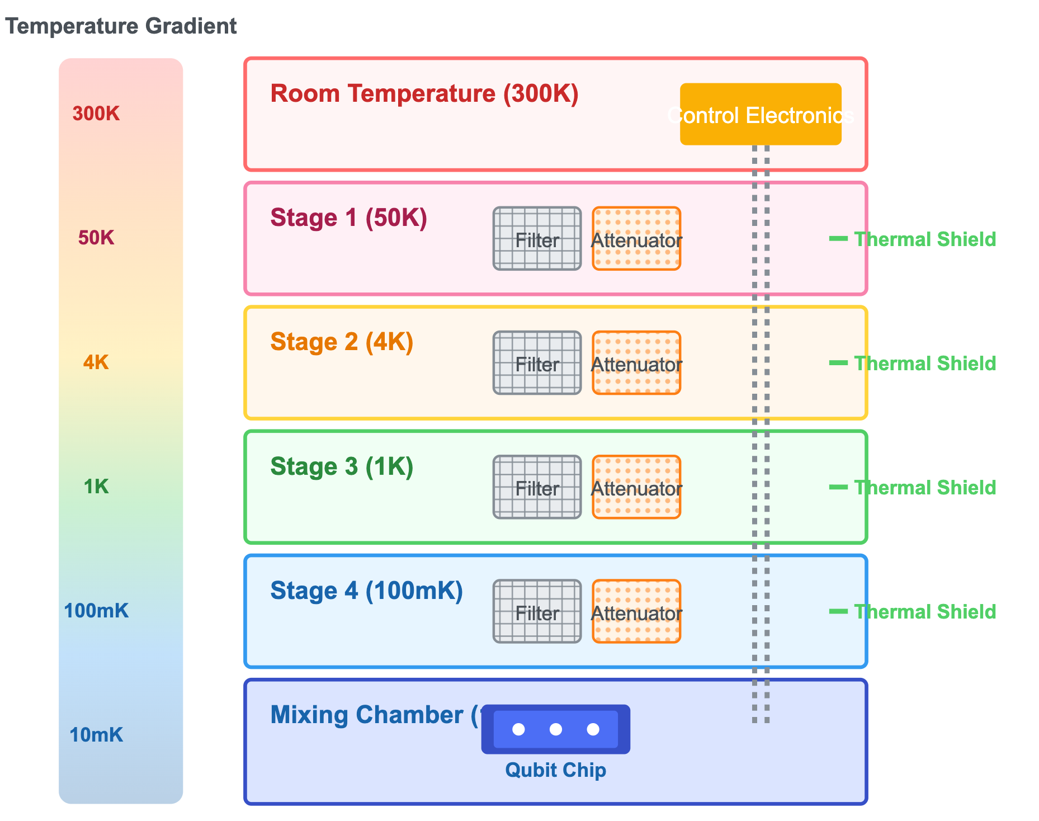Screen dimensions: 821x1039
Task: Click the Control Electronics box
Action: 761,114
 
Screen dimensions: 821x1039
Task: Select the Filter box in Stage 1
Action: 537,239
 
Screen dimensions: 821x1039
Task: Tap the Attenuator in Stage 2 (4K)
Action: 636,363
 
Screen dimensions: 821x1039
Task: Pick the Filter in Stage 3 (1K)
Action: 537,487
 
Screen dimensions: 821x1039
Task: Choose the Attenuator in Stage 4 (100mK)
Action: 636,611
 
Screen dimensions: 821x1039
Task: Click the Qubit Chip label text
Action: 555,770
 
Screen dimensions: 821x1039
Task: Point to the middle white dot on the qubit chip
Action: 556,729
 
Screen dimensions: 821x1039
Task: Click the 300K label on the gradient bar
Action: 96,114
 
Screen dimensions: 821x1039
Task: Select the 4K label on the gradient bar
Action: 96,363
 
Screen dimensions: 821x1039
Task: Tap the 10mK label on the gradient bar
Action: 96,735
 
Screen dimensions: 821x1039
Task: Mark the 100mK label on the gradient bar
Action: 96,611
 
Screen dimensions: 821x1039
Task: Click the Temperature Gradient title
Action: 121,26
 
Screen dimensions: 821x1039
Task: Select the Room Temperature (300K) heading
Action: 424,93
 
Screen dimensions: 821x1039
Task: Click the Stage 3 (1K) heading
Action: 342,466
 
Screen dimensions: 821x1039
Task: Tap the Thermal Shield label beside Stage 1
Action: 925,239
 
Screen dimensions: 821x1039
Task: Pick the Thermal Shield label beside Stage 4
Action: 925,612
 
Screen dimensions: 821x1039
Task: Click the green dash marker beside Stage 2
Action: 838,363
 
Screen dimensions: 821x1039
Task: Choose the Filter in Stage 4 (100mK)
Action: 537,611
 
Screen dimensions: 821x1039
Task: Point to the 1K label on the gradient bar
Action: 96,487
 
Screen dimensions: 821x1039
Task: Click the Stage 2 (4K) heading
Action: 342,342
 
